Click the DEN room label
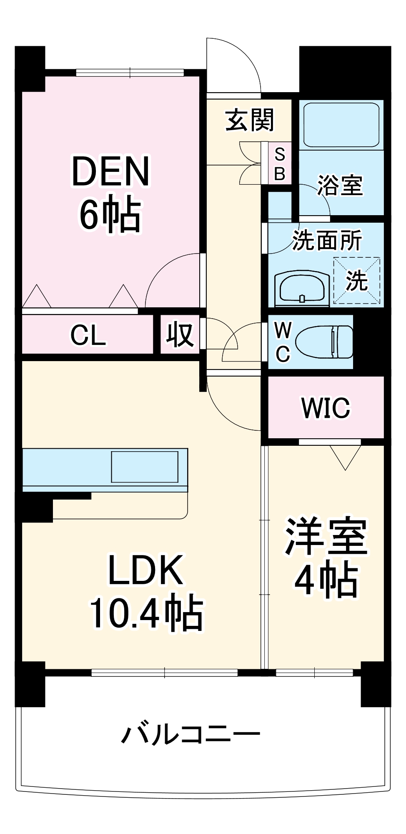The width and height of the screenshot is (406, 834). pos(110,171)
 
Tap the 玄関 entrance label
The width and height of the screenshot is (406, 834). pos(250,120)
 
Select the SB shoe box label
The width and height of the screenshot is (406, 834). pos(280,164)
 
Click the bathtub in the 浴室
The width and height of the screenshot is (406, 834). pos(341,125)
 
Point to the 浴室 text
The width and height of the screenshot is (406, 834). pos(340,185)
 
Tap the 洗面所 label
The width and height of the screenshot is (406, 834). pos(327,241)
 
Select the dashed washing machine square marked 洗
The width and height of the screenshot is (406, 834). pos(357,280)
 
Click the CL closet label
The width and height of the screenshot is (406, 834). pos(88,335)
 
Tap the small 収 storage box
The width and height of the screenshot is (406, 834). pos(180,334)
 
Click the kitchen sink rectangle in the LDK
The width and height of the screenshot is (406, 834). pos(145,467)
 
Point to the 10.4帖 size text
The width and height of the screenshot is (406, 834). pos(146,613)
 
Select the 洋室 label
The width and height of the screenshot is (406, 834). pos(326,537)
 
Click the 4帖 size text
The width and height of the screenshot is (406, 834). pos(326,580)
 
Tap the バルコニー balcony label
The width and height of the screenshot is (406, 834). pos(191,736)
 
